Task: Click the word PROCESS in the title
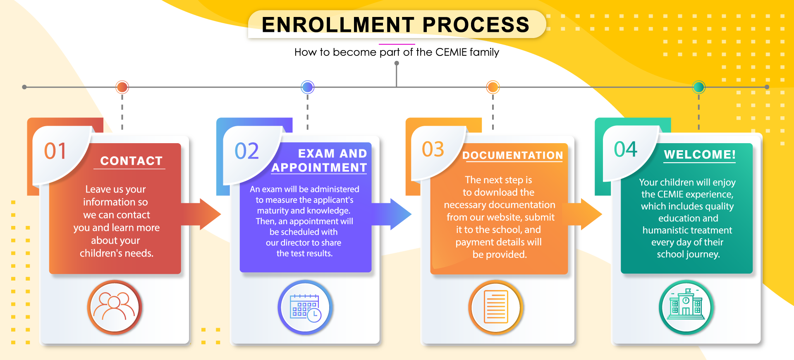click(476, 24)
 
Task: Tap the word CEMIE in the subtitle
click(451, 52)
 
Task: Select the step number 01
click(55, 151)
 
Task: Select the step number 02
click(246, 151)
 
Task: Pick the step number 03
click(433, 149)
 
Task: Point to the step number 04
click(626, 149)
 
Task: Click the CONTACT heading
click(132, 161)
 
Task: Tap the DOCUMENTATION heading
click(513, 155)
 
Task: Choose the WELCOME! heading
click(700, 155)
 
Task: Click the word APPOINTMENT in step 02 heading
click(319, 168)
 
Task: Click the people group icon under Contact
click(115, 307)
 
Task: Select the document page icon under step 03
click(496, 307)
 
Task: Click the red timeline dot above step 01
click(122, 87)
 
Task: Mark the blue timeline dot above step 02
click(308, 87)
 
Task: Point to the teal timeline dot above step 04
click(699, 87)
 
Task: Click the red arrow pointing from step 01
click(201, 214)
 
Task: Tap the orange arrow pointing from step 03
click(585, 214)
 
